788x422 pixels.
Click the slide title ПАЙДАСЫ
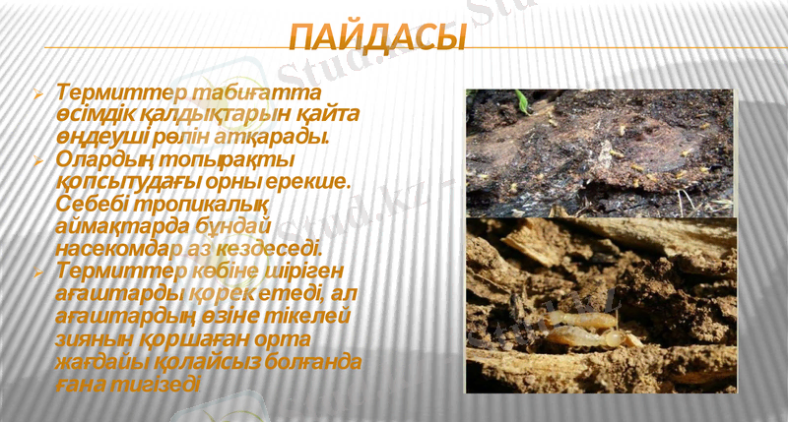coord(378,40)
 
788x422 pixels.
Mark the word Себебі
coord(92,204)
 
